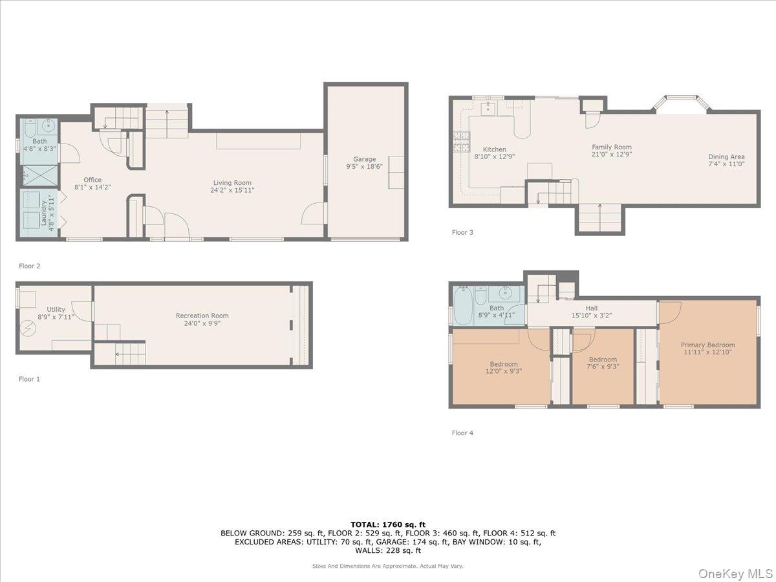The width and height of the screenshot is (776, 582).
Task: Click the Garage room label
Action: tap(364, 159)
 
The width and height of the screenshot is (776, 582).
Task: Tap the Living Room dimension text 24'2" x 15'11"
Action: tap(232, 190)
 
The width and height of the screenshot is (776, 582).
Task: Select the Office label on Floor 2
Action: tap(92, 180)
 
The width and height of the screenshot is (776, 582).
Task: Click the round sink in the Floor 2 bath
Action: tap(48, 125)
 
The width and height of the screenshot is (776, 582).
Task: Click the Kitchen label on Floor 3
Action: tap(495, 149)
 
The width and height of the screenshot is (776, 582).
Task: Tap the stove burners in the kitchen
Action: tap(461, 142)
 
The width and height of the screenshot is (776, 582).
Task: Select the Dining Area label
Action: tap(726, 156)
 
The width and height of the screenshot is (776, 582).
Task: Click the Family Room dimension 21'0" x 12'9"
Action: tap(612, 154)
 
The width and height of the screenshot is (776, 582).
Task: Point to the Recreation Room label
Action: tap(202, 316)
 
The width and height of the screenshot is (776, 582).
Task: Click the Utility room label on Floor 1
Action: tap(56, 310)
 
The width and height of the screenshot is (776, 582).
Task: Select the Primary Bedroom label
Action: tap(707, 345)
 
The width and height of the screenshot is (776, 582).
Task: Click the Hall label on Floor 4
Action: tap(592, 308)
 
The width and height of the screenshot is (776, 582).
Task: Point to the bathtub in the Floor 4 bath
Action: tap(462, 305)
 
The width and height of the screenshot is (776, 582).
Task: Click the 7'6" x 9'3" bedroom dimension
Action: tap(603, 367)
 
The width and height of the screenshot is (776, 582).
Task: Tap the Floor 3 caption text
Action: tap(462, 232)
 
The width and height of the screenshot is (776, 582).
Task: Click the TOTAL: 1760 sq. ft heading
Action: tap(388, 524)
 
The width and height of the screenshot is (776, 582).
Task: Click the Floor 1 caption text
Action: tap(29, 379)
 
